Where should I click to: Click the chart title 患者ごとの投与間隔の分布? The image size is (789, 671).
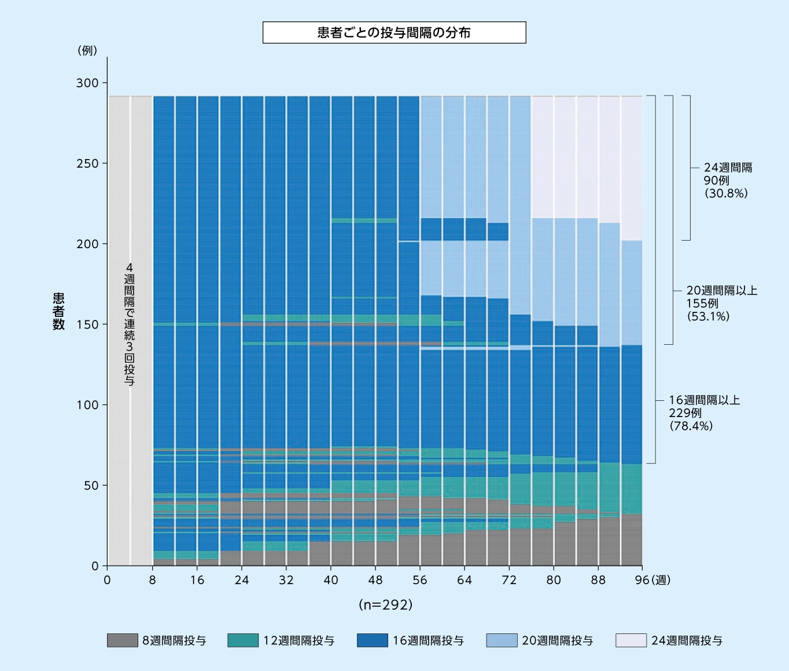pos(394,32)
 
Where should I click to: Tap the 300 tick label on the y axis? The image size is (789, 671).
pos(87,83)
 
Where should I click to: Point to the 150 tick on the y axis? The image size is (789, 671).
pos(87,325)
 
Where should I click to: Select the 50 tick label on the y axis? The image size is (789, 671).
pos(91,485)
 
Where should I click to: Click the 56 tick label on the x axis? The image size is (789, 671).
pos(420,580)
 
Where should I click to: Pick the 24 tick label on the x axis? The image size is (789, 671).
pos(241,580)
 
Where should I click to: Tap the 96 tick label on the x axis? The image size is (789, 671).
pos(642,580)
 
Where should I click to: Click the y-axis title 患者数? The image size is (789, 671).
pos(59,311)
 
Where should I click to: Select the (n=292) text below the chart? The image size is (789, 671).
pos(386,604)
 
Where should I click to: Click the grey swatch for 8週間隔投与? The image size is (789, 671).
pos(123,640)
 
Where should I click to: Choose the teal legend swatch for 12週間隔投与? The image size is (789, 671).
pos(243,640)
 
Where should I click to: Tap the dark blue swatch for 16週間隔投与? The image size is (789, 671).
pos(373,640)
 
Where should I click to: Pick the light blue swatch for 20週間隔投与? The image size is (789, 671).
pos(502,640)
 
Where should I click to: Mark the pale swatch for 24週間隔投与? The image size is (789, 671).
pos(631,640)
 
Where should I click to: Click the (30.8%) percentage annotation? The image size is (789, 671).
pos(726,193)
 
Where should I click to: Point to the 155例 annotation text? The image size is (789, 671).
pos(702,303)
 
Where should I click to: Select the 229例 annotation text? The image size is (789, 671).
pos(685,413)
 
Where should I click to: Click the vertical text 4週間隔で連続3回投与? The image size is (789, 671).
pos(130,324)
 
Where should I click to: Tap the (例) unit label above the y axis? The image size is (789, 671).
pos(87,50)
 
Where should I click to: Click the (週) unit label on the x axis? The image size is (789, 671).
pos(661,580)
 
